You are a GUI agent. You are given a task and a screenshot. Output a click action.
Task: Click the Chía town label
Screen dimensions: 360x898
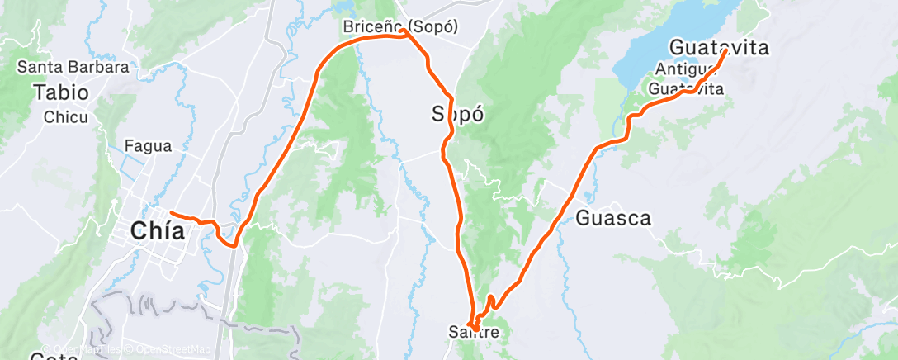coord(157,232)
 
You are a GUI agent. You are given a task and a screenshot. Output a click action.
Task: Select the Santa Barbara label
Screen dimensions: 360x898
coord(73,68)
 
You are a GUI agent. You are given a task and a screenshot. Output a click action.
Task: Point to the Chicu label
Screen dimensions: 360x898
coord(66,116)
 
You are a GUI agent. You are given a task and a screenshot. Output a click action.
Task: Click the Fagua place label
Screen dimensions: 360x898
coord(148,147)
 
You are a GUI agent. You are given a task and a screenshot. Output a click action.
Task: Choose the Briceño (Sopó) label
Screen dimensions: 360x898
coord(400,27)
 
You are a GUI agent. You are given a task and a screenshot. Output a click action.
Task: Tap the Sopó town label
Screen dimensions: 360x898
coord(457,114)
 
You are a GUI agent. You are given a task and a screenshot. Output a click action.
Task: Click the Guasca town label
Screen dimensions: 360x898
coord(613,219)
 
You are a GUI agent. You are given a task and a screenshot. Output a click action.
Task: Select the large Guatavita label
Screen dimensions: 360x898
coord(719,48)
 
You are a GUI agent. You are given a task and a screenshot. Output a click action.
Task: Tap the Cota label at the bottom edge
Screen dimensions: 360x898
coord(50,357)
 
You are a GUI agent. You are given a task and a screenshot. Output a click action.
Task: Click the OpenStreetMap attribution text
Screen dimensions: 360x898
coord(169,350)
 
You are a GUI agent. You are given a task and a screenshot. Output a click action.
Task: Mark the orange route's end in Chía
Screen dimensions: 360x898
coord(171,214)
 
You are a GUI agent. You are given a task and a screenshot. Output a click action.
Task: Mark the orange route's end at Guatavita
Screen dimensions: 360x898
coord(725,51)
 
